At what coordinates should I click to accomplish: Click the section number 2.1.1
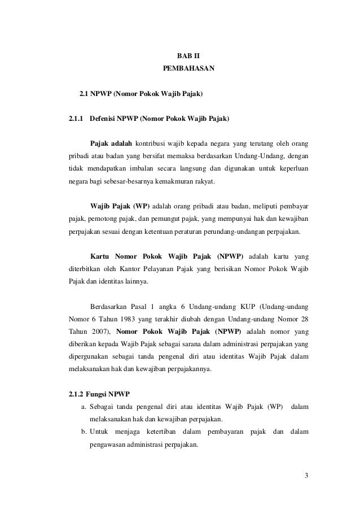[x=76, y=119]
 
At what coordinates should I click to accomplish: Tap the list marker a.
[x=84, y=407]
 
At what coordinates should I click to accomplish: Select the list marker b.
[x=84, y=432]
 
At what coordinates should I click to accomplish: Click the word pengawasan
[x=111, y=445]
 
